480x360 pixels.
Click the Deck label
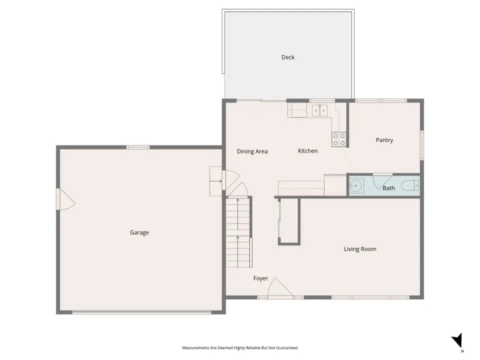[x=288, y=57]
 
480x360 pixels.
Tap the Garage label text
[x=139, y=232]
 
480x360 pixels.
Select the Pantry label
[x=384, y=140]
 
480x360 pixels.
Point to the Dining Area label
[x=252, y=151]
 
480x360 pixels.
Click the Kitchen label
[x=307, y=151]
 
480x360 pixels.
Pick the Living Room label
[x=360, y=249]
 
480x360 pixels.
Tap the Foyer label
[x=260, y=278]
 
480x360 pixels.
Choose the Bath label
[x=388, y=188]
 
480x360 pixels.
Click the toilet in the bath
[x=410, y=185]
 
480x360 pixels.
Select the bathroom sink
[x=356, y=185]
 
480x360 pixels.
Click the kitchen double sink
[x=319, y=110]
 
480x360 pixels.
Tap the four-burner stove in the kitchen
[x=339, y=139]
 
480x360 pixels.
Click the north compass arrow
[x=457, y=340]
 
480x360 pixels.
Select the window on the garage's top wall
[x=138, y=147]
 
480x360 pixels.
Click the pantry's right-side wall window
[x=422, y=145]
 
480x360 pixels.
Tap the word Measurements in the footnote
[x=196, y=348]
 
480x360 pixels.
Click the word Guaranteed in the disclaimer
[x=287, y=348]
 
